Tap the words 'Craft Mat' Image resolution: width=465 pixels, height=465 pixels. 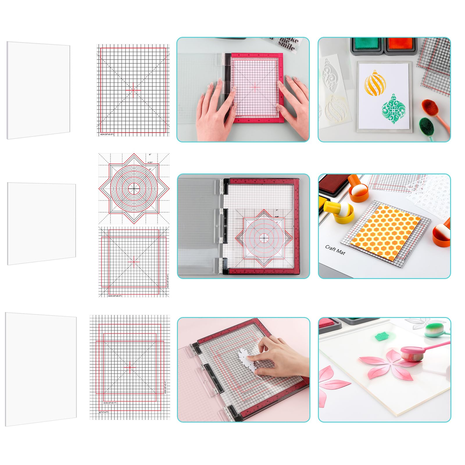335,250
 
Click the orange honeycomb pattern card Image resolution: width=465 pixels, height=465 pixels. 385,228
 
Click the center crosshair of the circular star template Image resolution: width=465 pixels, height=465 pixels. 134,188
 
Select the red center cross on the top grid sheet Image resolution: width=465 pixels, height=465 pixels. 133,90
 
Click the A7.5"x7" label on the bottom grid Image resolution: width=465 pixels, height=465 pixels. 103,412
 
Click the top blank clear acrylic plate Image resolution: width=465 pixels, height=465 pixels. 38,90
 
